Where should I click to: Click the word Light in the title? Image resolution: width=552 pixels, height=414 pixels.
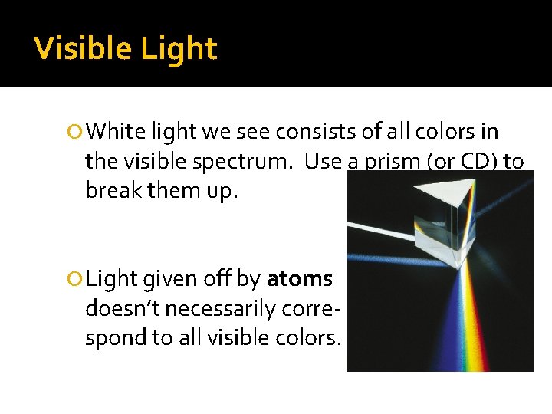coord(179,49)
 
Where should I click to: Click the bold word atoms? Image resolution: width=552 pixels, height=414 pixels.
coord(299,279)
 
